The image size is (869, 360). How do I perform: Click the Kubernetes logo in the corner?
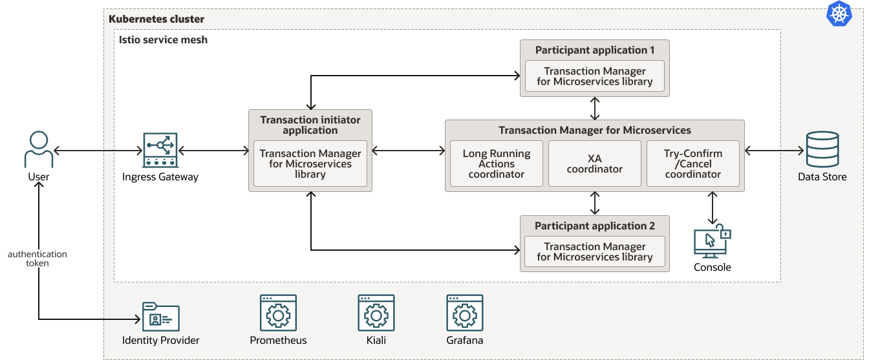coord(839,14)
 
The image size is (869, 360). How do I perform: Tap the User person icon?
coord(39,149)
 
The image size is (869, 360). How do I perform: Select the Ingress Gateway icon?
coord(160,150)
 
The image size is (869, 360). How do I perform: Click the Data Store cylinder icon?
coord(822,149)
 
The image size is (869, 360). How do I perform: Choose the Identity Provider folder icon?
coord(160,317)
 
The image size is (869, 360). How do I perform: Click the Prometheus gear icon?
coord(278,313)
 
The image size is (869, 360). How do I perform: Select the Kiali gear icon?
coord(376,313)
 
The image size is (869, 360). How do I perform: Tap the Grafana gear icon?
coord(464,313)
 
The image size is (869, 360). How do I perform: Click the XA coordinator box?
coord(595,164)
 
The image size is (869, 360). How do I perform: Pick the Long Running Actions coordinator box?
coord(497,164)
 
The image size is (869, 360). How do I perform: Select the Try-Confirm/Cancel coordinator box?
coord(693,164)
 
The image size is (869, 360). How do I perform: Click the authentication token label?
coord(38,259)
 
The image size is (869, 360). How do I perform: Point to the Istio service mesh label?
coord(163,39)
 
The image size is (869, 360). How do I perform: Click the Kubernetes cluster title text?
coord(156,19)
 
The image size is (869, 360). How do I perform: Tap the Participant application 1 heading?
coord(595,50)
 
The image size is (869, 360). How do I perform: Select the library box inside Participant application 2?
coord(595,251)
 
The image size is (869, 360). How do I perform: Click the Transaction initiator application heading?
coord(310,125)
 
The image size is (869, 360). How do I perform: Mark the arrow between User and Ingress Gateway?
coord(98,151)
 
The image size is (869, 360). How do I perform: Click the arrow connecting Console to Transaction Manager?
coord(713,207)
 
